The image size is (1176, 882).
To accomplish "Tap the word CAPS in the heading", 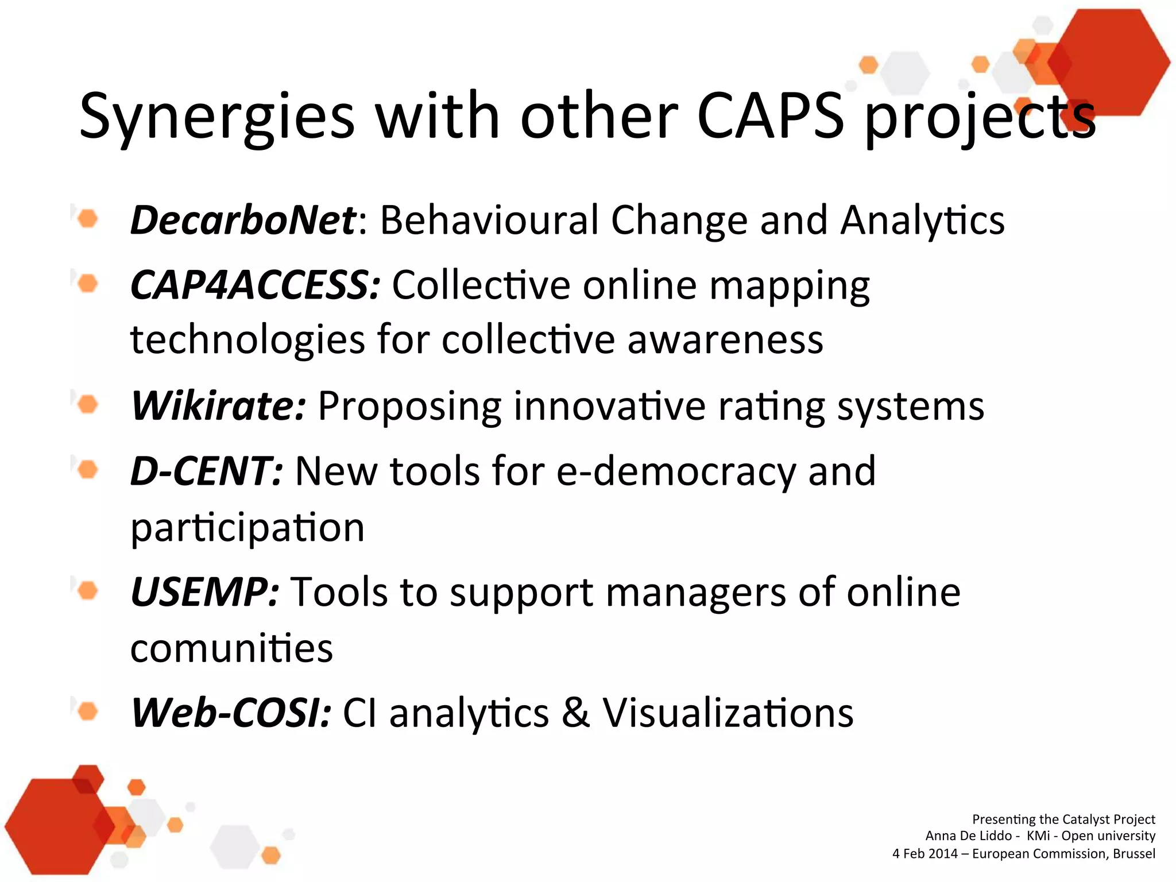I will pos(770,117).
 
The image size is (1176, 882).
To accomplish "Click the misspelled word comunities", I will pos(231,648).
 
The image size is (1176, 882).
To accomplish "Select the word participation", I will pos(247,527).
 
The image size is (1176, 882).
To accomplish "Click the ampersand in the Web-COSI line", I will pos(576,713).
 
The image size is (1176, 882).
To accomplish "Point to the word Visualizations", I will pos(728,713).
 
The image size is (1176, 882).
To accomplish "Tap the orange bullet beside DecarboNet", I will pos(87,219).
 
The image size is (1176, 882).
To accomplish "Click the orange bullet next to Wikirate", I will pos(87,405).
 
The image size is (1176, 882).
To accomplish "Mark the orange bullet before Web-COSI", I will pos(87,712).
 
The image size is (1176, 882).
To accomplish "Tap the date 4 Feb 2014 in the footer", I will pos(924,854).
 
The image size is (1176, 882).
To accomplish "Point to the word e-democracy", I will pos(676,471).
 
